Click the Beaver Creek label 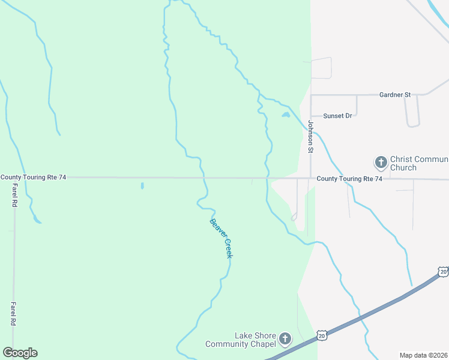click(x=220, y=238)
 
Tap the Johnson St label click(x=311, y=137)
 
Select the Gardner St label click(x=394, y=95)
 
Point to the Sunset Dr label click(x=337, y=116)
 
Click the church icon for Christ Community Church click(x=380, y=162)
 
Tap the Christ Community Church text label click(x=418, y=163)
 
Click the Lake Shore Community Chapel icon click(x=285, y=340)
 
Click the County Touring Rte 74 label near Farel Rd click(x=33, y=177)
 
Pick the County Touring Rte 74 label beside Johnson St click(x=349, y=179)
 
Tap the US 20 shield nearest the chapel click(x=322, y=335)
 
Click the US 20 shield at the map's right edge click(x=443, y=272)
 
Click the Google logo click(x=20, y=353)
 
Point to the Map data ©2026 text click(x=423, y=355)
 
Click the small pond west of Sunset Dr click(x=286, y=115)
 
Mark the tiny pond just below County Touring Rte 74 click(x=142, y=186)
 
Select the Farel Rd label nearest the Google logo click(x=13, y=314)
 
